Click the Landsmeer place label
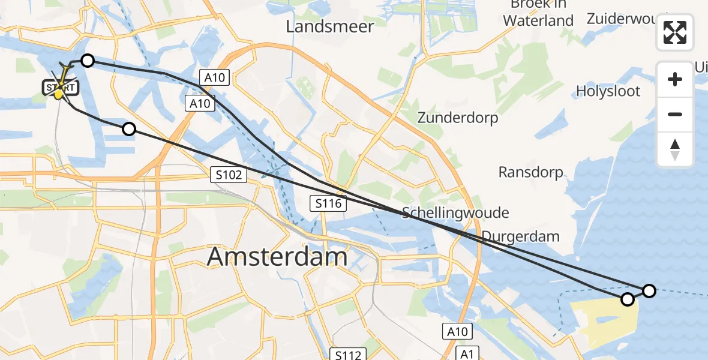pyautogui.click(x=330, y=26)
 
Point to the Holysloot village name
pyautogui.click(x=608, y=91)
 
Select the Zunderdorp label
pyautogui.click(x=458, y=118)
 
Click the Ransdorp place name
pyautogui.click(x=531, y=173)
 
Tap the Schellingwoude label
pyautogui.click(x=455, y=212)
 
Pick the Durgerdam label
pyautogui.click(x=520, y=236)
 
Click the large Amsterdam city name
pyautogui.click(x=277, y=257)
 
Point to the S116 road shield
pyautogui.click(x=328, y=203)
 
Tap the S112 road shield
pyautogui.click(x=348, y=355)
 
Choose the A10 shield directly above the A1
pyautogui.click(x=459, y=331)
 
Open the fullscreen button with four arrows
pyautogui.click(x=675, y=32)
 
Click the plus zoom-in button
pyautogui.click(x=675, y=79)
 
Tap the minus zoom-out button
pyautogui.click(x=675, y=114)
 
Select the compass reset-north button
pyautogui.click(x=675, y=149)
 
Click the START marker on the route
pyautogui.click(x=60, y=88)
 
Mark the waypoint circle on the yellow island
pyautogui.click(x=627, y=299)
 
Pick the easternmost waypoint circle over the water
pyautogui.click(x=649, y=291)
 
